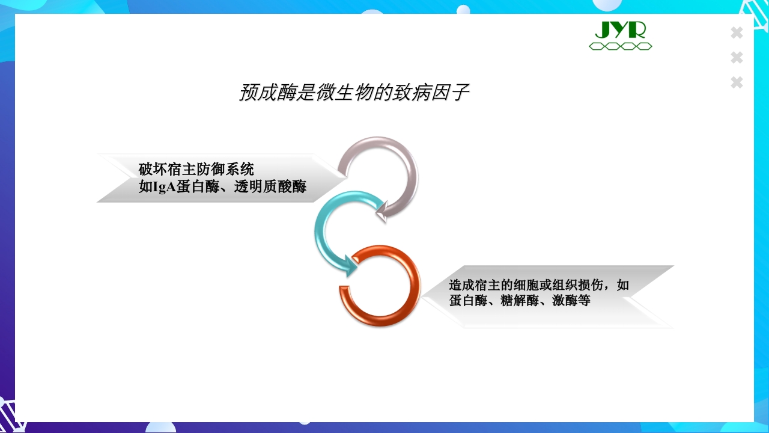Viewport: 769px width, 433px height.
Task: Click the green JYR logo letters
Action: [x=620, y=29]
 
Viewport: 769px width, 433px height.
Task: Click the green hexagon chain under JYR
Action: [x=620, y=46]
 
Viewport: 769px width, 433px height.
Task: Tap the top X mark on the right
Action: [x=737, y=33]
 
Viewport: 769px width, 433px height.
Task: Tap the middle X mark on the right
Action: [x=737, y=58]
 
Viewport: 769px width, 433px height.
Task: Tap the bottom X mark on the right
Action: [x=737, y=82]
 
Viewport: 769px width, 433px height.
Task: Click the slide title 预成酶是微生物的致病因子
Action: [x=354, y=93]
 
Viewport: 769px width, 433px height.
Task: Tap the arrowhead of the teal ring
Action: [x=349, y=266]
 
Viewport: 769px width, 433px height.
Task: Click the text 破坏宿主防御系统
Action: [x=196, y=169]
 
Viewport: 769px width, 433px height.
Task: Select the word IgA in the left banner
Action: [x=164, y=187]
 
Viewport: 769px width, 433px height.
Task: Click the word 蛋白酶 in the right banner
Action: [x=468, y=300]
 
